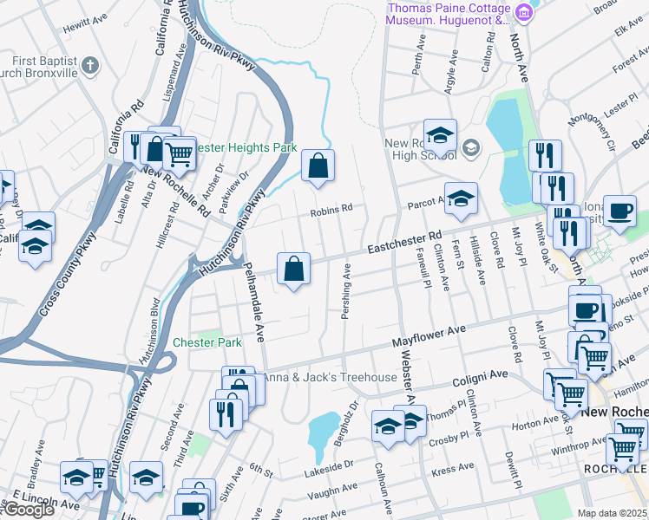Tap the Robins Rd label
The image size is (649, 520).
(x=333, y=208)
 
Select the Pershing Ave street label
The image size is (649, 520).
(x=345, y=290)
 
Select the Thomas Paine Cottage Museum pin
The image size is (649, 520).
(x=524, y=11)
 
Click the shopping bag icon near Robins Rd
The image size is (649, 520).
(x=318, y=164)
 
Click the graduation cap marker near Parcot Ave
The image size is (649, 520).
(x=461, y=198)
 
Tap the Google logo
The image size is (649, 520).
(x=28, y=510)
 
